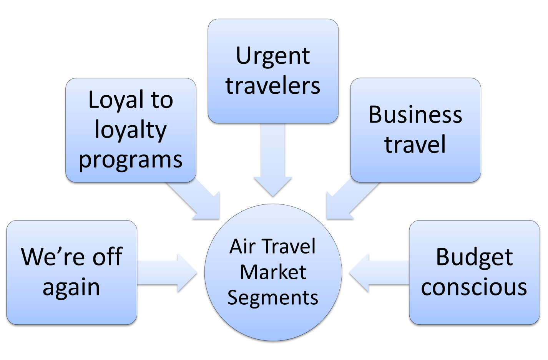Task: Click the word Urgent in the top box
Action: tap(272, 56)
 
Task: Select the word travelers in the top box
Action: tap(272, 86)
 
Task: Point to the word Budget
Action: tap(474, 257)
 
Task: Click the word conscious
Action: tap(474, 287)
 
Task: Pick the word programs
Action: tap(131, 160)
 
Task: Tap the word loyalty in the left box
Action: tap(131, 130)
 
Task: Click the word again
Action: tap(71, 287)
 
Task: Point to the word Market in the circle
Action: tap(273, 272)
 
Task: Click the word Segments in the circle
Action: tap(273, 298)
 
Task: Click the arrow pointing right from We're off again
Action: tap(169, 273)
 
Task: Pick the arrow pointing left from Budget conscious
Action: tap(377, 273)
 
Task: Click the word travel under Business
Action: tap(415, 145)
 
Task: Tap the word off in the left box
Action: tap(107, 257)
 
